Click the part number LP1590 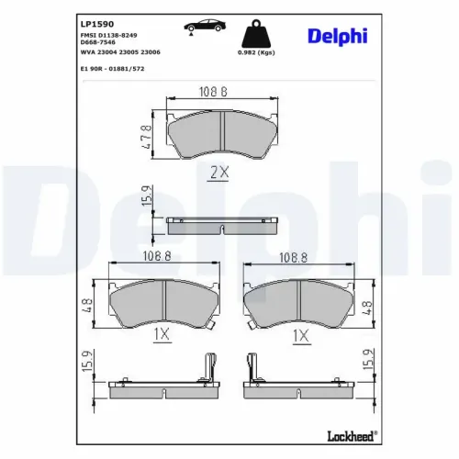97,24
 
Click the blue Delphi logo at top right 338,37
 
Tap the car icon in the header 205,26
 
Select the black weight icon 256,34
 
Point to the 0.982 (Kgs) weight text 256,52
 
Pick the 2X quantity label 219,173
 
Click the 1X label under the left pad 162,334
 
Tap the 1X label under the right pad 301,336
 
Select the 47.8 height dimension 146,137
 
